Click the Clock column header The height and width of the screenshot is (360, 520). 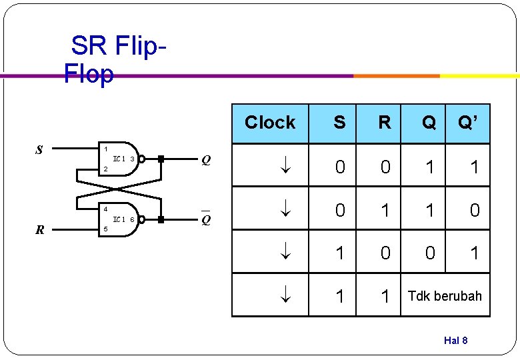[270, 123]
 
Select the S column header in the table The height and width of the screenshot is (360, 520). [339, 123]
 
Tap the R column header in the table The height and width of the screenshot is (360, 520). [385, 123]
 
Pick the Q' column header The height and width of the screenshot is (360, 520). [467, 123]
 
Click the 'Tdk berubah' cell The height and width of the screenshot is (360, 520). [445, 295]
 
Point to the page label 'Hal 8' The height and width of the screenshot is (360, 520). [455, 341]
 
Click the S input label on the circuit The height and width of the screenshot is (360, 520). [39, 150]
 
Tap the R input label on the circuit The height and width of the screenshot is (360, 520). [40, 231]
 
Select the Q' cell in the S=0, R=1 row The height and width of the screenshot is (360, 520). [474, 210]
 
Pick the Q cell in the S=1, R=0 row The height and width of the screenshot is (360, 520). [430, 253]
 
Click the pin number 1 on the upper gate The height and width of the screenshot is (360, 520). [104, 149]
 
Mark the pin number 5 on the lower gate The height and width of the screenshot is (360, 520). [105, 229]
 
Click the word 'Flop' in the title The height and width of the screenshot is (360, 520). [89, 74]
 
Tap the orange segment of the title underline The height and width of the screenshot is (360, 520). [396, 76]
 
